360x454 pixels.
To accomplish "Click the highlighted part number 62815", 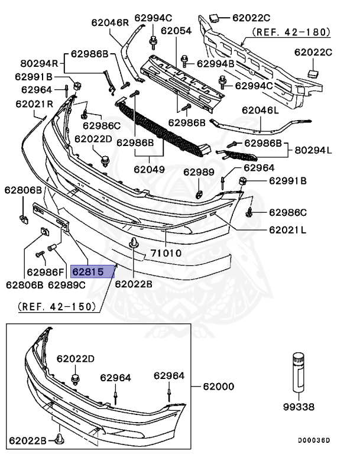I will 87,271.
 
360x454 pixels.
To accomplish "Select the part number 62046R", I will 109,23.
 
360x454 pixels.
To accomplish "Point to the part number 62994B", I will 215,63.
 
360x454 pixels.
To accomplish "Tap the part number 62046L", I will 260,110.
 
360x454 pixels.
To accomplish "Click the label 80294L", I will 313,150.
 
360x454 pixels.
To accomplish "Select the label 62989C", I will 67,285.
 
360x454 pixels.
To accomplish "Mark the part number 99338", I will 299,407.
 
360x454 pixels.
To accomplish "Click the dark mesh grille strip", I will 160,128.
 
